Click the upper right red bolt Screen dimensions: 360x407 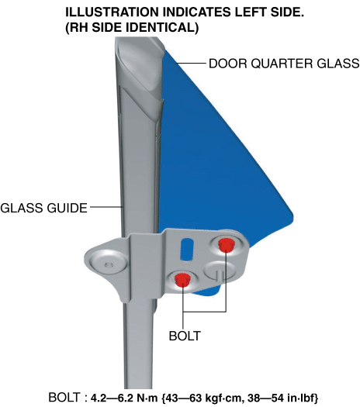(227, 245)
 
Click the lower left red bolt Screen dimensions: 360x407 (182, 279)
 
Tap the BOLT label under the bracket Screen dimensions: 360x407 (185, 336)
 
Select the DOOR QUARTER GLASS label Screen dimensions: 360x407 (284, 64)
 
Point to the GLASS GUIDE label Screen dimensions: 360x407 (43, 208)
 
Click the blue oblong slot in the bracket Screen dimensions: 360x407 (187, 249)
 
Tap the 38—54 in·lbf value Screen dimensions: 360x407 (283, 398)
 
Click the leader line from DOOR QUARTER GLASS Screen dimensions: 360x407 (191, 63)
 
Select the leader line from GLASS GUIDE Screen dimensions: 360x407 (106, 207)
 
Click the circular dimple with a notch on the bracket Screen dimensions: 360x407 (220, 271)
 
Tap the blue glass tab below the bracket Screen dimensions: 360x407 (208, 291)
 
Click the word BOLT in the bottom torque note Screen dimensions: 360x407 (64, 398)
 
